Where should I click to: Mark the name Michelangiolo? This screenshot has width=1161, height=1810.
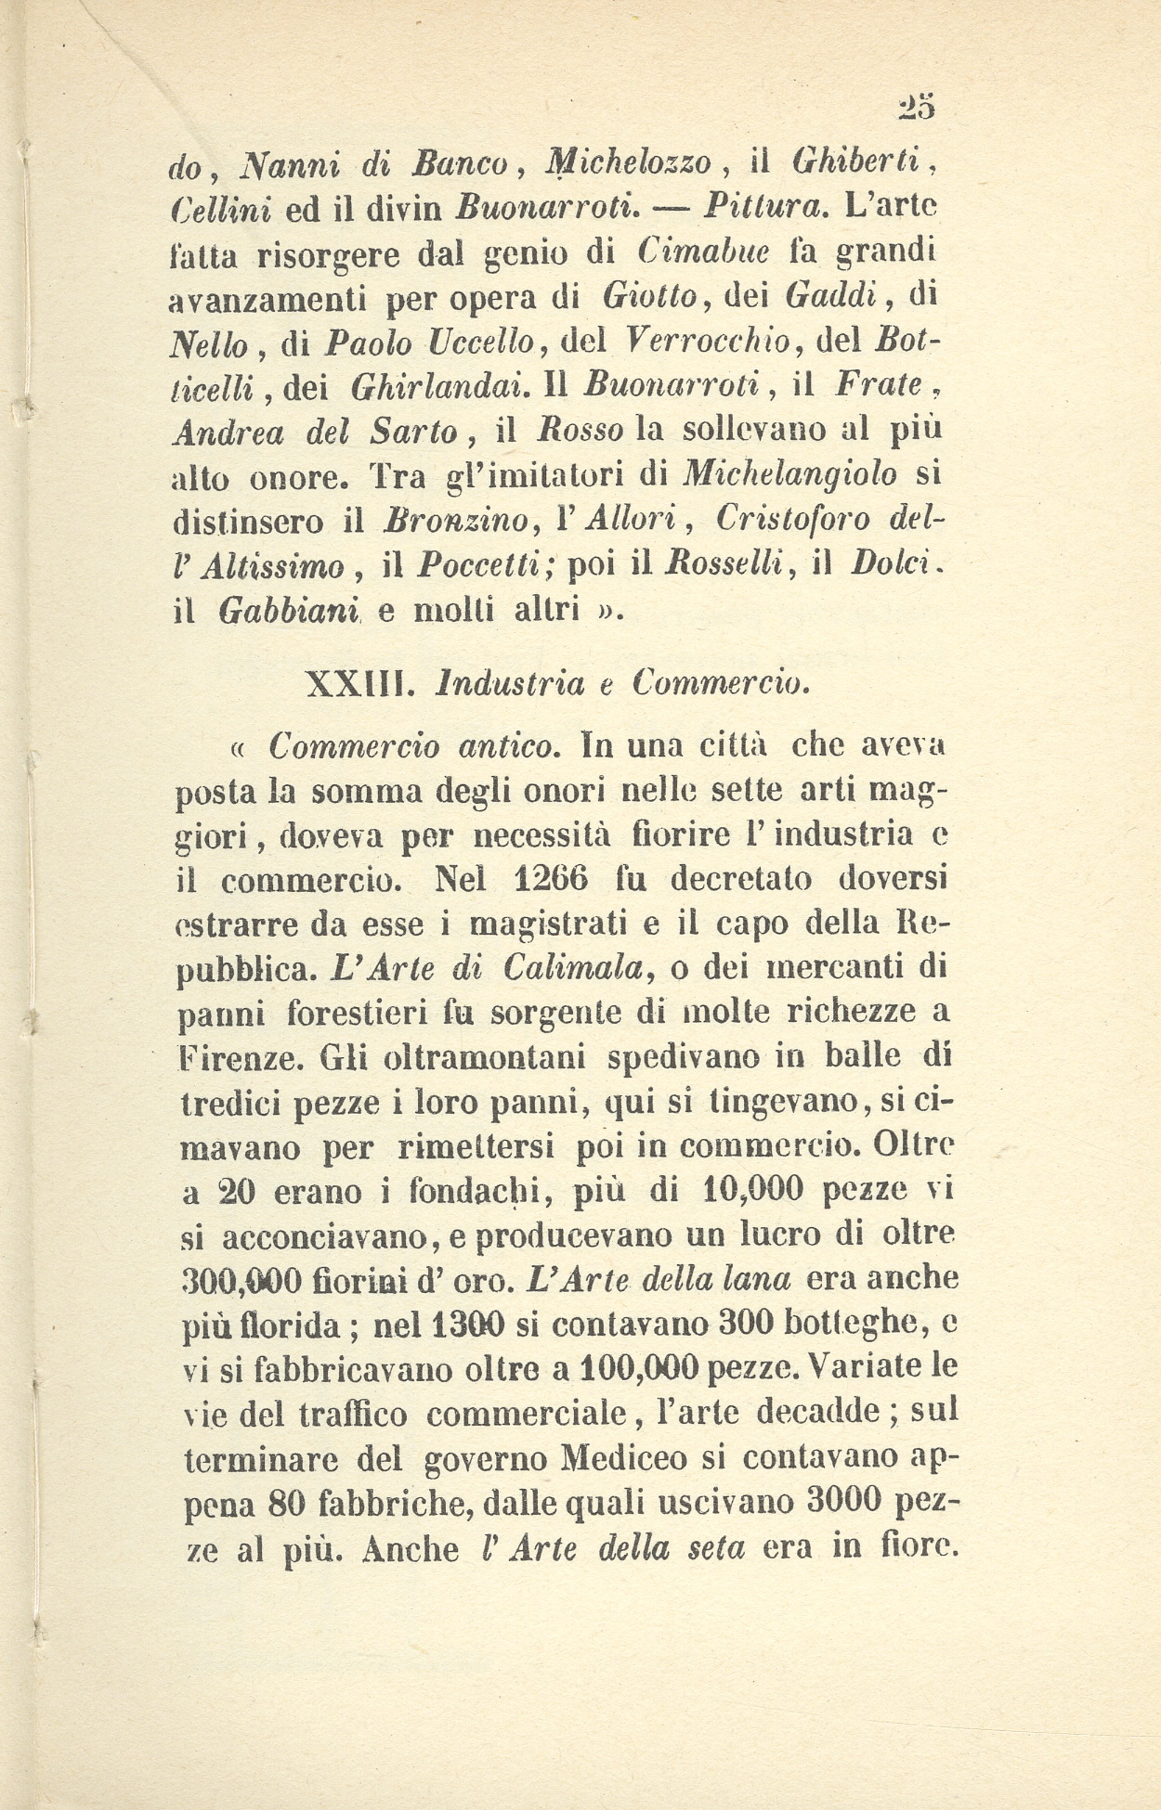(x=789, y=475)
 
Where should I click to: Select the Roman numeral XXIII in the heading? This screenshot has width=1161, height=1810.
(x=355, y=684)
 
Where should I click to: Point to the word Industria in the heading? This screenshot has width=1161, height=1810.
(x=510, y=684)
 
